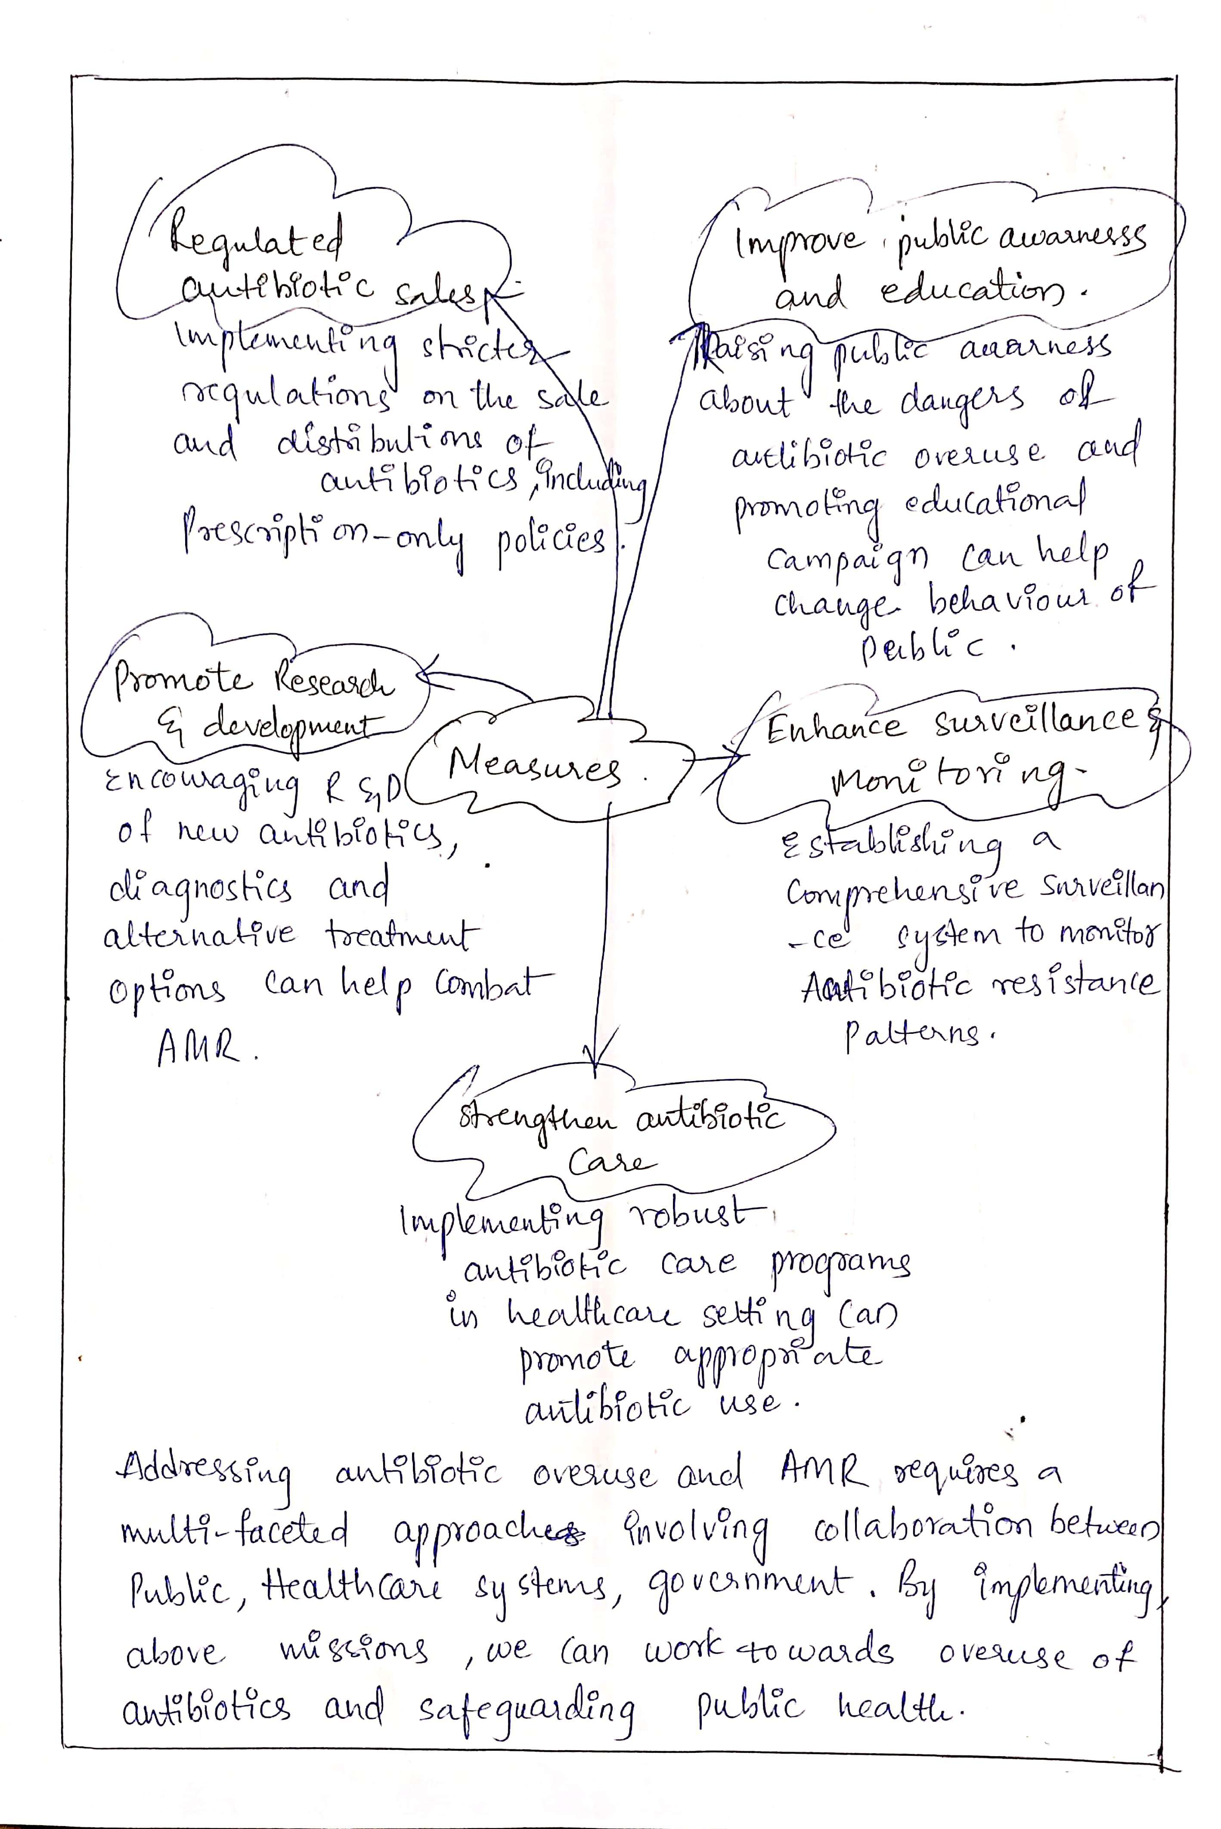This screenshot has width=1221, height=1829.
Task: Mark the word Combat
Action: pyautogui.click(x=494, y=984)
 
